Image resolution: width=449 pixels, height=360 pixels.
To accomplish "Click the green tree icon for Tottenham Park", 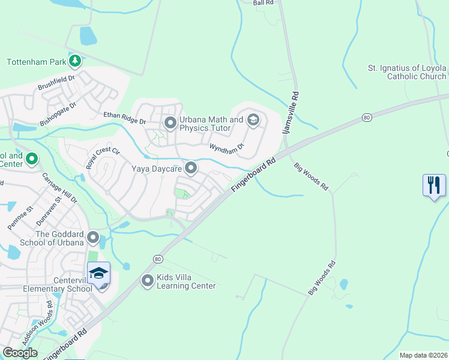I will click(x=75, y=61).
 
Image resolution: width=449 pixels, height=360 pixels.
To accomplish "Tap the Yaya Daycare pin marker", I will click(x=191, y=169).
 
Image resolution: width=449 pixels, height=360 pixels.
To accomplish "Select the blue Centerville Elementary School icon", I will click(x=99, y=275).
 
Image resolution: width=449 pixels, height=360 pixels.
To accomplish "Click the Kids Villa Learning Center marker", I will click(x=148, y=280).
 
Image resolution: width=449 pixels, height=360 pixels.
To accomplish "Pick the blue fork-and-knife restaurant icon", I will click(x=434, y=185).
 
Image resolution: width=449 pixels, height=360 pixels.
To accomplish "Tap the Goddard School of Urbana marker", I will click(x=93, y=238).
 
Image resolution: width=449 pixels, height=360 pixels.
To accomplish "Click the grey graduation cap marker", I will click(x=253, y=120).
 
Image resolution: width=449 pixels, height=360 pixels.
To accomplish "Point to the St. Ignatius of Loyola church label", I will click(x=407, y=72).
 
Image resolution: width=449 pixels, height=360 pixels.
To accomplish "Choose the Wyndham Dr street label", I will click(x=227, y=146).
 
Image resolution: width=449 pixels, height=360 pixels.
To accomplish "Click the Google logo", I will click(x=20, y=353).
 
